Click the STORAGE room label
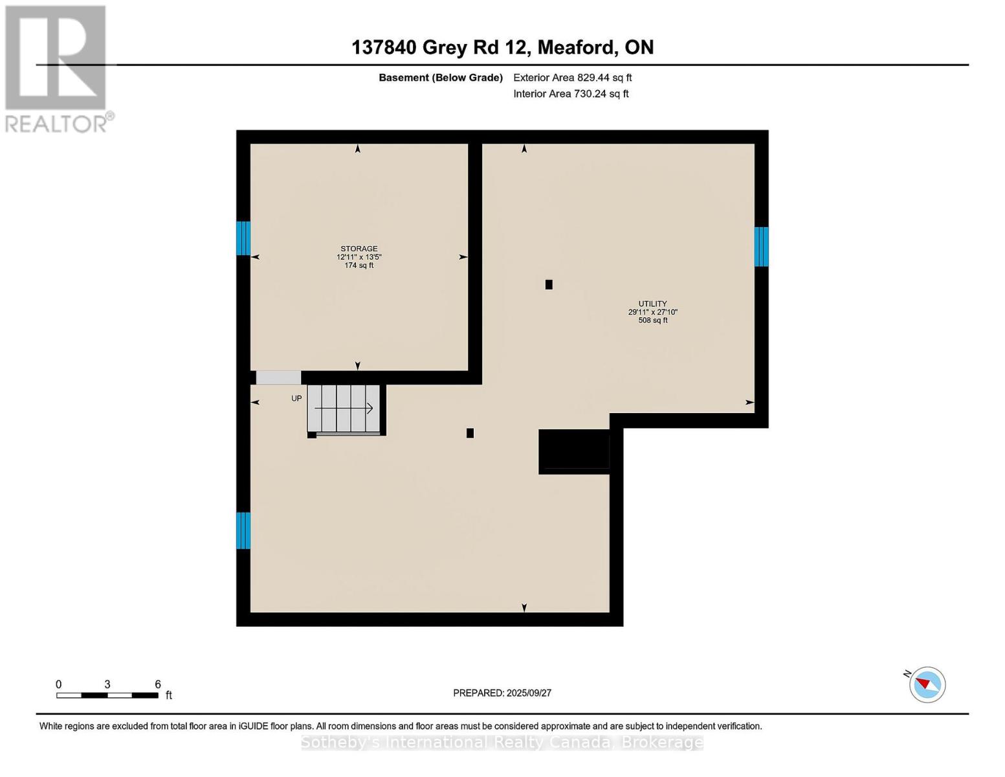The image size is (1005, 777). pos(359,249)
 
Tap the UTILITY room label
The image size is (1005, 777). pos(652,304)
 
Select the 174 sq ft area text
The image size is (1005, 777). pos(359,265)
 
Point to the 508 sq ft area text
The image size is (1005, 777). pos(652,320)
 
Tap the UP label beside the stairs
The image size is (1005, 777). pos(296,398)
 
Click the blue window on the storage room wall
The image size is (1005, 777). pos(243,238)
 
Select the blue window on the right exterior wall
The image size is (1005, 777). pos(762,247)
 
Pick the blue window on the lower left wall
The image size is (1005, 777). pos(243,530)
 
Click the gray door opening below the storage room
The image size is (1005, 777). pos(279,377)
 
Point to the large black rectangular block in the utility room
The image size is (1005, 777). pos(575,449)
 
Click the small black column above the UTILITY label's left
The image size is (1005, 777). pos(549,284)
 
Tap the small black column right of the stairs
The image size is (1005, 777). pos(470,433)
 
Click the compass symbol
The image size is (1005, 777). pos(927,684)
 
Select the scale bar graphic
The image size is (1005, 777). pos(107,695)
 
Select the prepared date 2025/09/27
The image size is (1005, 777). pos(529,693)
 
